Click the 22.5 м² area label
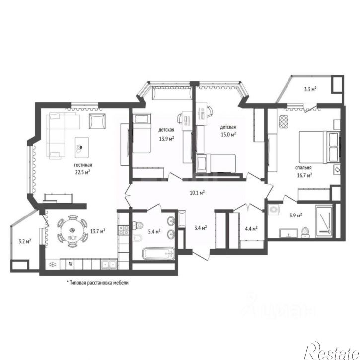[x=82, y=172]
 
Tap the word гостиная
[x=83, y=165]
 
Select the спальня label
[x=303, y=168]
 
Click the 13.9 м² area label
[x=166, y=139]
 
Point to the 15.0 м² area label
[x=228, y=134]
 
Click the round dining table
[x=72, y=231]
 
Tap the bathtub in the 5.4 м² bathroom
[x=158, y=253]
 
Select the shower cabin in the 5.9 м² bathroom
[x=324, y=221]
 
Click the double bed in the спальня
[x=319, y=147]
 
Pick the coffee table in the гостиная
[x=82, y=147]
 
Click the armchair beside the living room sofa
[x=97, y=121]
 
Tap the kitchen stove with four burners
[x=123, y=230]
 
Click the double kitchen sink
[x=109, y=265]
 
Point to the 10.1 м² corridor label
[x=197, y=192]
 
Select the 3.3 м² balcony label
[x=310, y=89]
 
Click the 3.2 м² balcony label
[x=25, y=241]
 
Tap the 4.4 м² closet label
[x=251, y=229]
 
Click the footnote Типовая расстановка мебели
[x=97, y=282]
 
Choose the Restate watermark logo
[x=332, y=351]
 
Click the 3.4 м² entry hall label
[x=201, y=228]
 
